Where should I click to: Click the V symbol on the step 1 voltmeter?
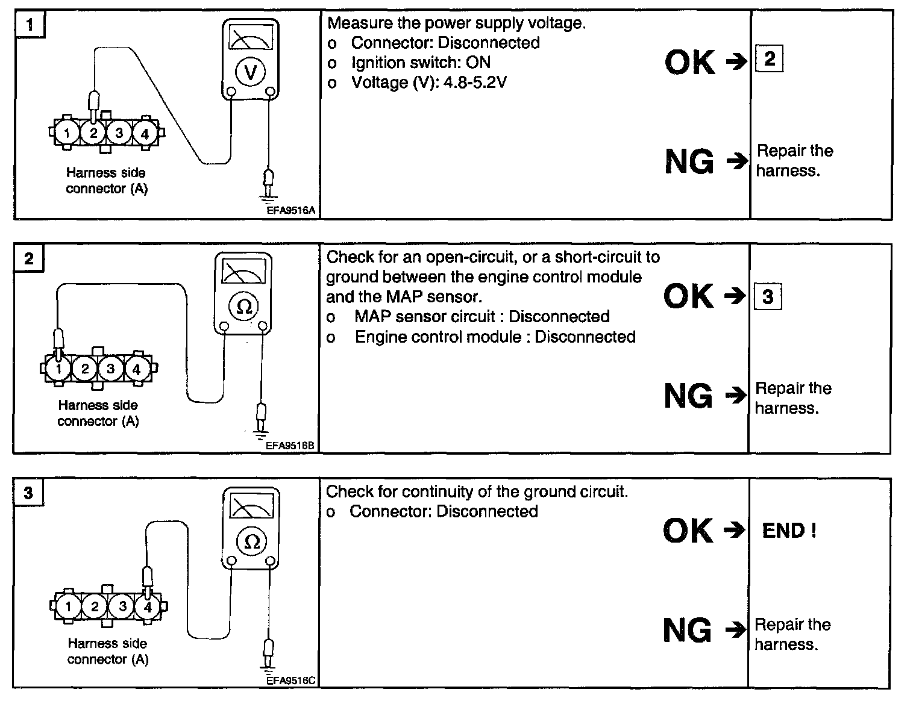250,72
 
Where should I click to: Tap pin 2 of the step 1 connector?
93,133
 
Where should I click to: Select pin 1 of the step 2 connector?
58,369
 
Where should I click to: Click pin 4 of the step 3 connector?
148,606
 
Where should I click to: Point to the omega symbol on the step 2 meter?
243,307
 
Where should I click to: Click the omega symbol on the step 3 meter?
252,541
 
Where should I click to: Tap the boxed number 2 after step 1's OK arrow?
770,58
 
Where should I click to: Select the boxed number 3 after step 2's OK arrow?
768,296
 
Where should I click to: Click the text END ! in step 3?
789,531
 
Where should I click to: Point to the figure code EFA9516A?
291,210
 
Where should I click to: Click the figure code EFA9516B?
290,445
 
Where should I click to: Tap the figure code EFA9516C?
291,681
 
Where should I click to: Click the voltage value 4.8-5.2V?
475,83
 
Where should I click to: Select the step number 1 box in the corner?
30,25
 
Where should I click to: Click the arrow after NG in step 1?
737,161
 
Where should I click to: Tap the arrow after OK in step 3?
735,530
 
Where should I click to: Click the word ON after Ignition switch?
478,63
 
